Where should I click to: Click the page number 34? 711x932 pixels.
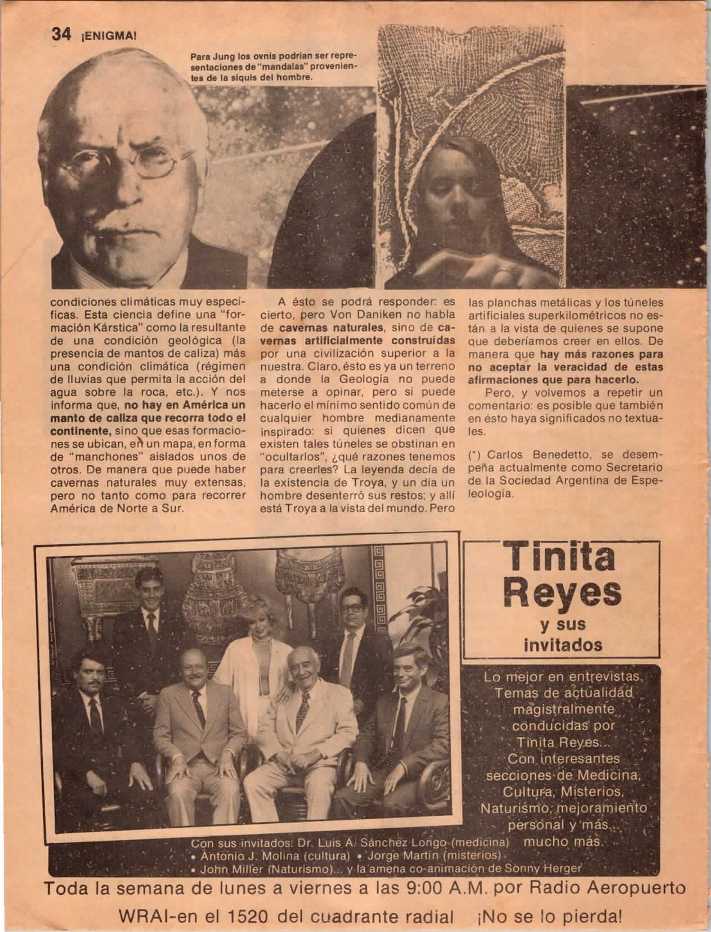[x=60, y=35]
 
